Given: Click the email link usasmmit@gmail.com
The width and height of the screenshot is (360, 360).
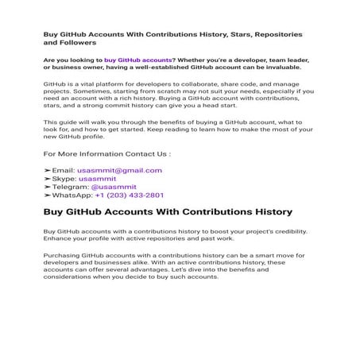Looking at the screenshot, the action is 119,170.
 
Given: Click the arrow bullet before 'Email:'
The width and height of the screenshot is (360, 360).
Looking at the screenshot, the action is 48,170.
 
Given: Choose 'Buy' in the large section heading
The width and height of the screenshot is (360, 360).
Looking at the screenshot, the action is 57,212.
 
